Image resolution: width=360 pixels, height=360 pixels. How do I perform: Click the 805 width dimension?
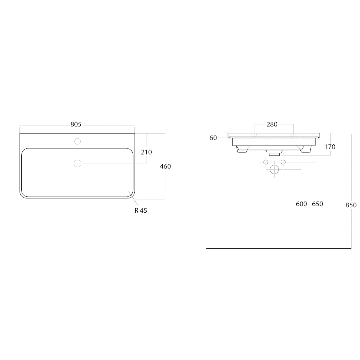(x=76, y=124)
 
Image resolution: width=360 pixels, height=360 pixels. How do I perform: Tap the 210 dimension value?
(x=146, y=152)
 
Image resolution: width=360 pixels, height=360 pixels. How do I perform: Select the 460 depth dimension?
(x=165, y=166)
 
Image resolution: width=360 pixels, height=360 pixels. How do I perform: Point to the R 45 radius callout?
(x=141, y=210)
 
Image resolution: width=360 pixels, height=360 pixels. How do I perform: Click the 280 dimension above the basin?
(x=272, y=124)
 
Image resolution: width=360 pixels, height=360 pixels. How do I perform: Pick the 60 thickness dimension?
(x=213, y=138)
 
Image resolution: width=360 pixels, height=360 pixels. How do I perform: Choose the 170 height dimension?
(x=330, y=147)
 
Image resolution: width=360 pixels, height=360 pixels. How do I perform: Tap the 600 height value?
(x=302, y=204)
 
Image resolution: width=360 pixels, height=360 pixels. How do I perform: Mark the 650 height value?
(x=318, y=204)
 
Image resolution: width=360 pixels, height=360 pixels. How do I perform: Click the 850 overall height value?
(x=351, y=205)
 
